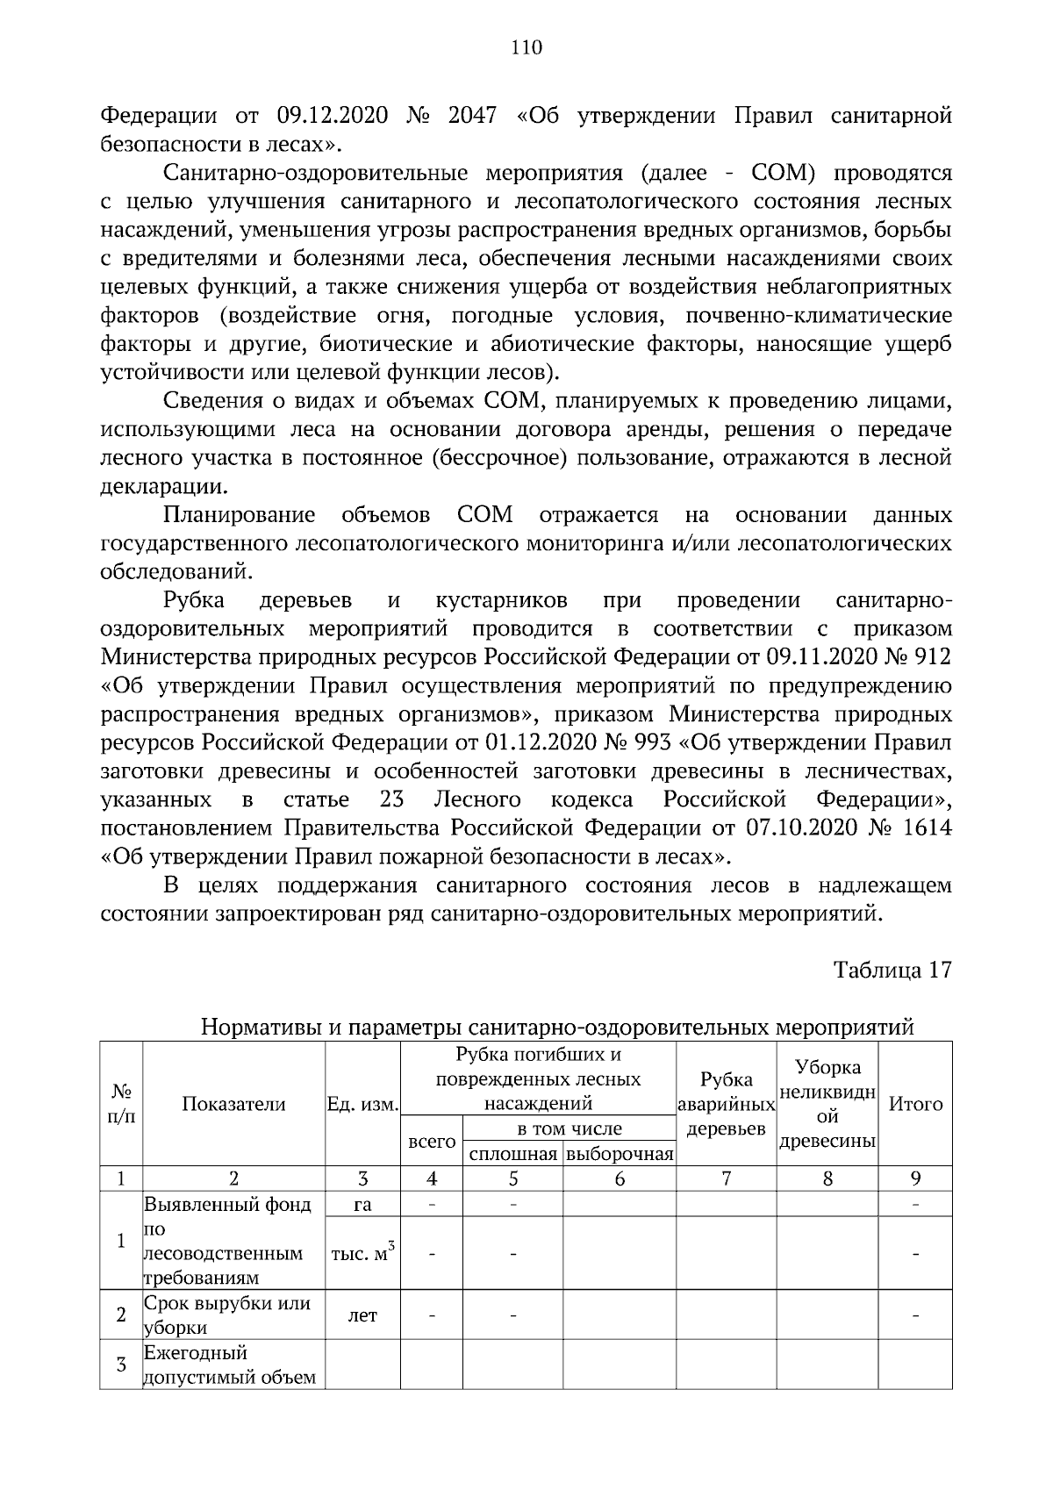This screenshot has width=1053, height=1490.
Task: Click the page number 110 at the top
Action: [x=526, y=48]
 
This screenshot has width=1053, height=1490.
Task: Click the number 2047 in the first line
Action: [x=472, y=116]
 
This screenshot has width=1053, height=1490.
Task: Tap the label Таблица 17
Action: [x=892, y=970]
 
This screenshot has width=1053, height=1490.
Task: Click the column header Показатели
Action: [x=233, y=1105]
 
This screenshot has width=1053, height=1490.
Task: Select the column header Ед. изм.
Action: [x=362, y=1105]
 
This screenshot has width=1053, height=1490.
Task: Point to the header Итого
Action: [x=915, y=1105]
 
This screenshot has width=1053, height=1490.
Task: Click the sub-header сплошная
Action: [x=512, y=1155]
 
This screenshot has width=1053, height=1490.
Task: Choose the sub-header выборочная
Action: [x=620, y=1155]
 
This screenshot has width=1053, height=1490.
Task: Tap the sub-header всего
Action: [x=432, y=1142]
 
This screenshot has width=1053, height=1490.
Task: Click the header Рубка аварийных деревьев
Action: [x=726, y=1104]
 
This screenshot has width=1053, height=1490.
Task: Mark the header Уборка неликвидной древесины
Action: [x=827, y=1104]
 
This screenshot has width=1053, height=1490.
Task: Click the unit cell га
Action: [x=362, y=1205]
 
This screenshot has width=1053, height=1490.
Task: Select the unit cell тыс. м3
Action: [x=362, y=1253]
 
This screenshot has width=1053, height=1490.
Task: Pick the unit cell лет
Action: [x=362, y=1315]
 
